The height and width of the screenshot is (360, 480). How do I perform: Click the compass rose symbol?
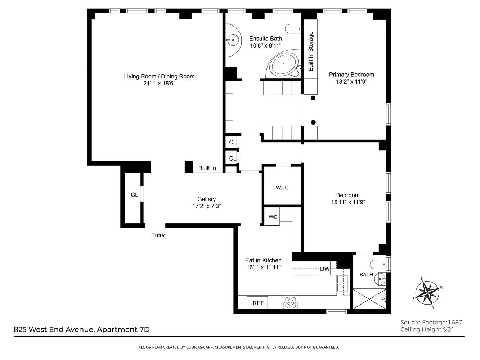(x=427, y=292)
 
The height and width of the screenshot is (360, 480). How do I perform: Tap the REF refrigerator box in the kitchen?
(x=258, y=303)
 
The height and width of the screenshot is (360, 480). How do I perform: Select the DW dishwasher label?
(x=325, y=269)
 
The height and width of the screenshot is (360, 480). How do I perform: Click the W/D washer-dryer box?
(x=273, y=217)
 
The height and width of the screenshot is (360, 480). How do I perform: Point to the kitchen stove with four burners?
(x=290, y=302)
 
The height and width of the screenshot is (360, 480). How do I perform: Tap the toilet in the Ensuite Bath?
(x=293, y=28)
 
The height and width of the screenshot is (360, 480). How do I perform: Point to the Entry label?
(x=158, y=235)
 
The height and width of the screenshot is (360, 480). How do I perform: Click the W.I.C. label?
(x=282, y=188)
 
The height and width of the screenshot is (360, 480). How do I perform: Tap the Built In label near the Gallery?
(x=207, y=168)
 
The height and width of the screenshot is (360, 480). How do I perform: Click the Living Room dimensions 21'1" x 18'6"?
(x=159, y=84)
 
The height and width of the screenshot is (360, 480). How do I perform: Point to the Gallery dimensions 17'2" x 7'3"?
(x=206, y=206)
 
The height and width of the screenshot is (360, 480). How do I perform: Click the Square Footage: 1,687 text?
(x=431, y=322)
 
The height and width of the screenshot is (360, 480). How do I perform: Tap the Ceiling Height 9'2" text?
(x=426, y=329)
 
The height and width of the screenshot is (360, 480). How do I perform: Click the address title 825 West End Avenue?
(x=82, y=329)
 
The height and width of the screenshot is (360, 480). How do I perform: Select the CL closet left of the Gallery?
(x=134, y=195)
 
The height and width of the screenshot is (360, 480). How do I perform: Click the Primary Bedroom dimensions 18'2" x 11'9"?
(x=351, y=82)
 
